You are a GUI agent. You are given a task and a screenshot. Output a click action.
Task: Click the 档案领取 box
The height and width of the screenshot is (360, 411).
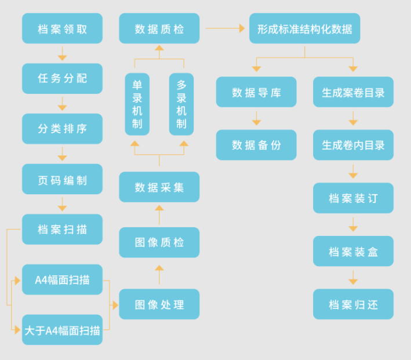click(x=62, y=28)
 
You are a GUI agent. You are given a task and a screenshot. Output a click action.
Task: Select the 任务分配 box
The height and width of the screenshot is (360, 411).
click(x=62, y=78)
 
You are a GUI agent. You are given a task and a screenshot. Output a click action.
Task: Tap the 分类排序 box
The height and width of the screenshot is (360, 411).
click(x=62, y=129)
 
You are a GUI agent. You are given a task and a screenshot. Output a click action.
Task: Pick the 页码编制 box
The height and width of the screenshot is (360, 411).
click(x=62, y=179)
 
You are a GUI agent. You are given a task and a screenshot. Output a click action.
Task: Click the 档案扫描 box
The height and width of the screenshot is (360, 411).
click(x=62, y=229)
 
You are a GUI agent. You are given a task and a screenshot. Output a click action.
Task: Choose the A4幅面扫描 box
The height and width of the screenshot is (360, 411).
click(x=62, y=279)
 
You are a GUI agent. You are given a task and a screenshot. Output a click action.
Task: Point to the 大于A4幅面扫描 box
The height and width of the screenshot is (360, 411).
click(x=62, y=330)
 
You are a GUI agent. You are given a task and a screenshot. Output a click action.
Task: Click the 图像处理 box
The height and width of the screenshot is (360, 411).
click(x=159, y=304)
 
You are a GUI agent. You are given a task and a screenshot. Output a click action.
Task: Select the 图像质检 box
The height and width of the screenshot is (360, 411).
click(x=159, y=242)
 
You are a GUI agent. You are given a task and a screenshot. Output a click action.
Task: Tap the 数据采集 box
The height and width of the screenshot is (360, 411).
click(x=159, y=187)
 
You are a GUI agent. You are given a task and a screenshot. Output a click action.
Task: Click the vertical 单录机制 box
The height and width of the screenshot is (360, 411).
click(x=137, y=104)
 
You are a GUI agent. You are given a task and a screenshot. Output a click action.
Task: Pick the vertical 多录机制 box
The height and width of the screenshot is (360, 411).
click(x=181, y=104)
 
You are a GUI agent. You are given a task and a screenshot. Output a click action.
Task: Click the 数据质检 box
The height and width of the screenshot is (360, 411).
click(x=159, y=28)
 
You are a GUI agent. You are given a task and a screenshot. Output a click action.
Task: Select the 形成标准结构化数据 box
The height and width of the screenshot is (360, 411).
click(x=305, y=28)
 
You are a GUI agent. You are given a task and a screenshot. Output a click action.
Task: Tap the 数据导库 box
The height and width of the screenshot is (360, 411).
click(x=256, y=92)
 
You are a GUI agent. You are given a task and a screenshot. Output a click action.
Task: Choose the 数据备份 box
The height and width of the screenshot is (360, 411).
click(x=256, y=145)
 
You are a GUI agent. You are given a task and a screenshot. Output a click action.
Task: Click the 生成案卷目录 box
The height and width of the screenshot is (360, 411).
click(x=353, y=92)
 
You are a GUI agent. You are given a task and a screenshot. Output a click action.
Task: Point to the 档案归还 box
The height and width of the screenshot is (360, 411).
click(x=353, y=304)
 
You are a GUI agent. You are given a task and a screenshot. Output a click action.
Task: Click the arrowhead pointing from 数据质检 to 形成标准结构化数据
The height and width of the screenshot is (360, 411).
click(x=242, y=28)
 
